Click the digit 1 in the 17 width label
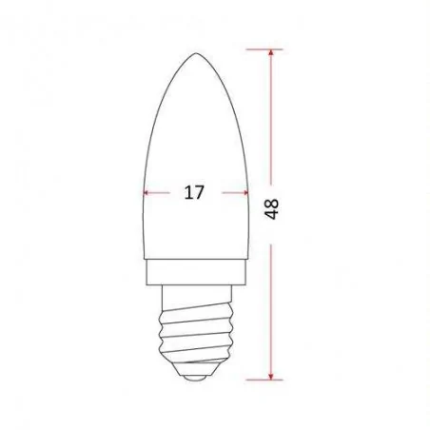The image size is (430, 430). point(186,192)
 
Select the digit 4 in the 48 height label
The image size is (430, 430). point(272,218)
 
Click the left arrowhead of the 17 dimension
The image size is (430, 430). point(146,192)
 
